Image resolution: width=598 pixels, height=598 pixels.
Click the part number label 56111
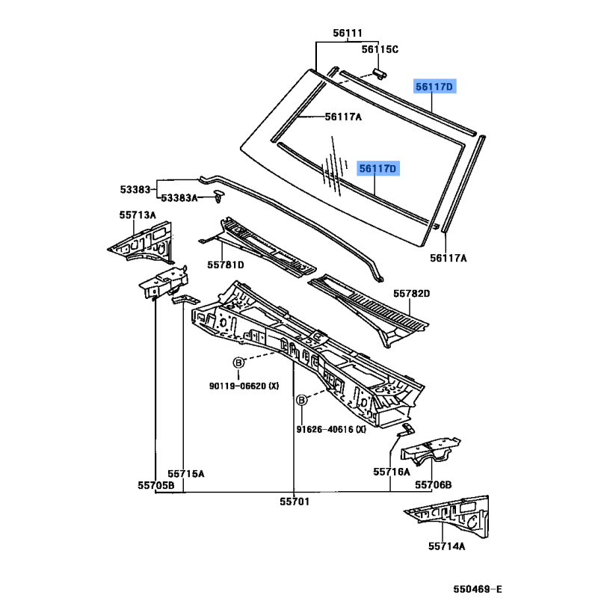(348, 33)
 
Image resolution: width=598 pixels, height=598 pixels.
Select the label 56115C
(380, 49)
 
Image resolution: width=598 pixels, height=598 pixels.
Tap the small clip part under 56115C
(379, 73)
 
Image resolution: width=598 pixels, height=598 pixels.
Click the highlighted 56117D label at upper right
(434, 87)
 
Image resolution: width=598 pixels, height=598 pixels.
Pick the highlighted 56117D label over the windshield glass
(377, 168)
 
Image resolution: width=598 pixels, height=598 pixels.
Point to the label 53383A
(179, 198)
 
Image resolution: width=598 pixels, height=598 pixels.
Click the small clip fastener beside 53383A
(218, 196)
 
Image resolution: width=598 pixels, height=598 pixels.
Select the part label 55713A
(138, 215)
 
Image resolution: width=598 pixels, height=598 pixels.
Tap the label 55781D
(226, 265)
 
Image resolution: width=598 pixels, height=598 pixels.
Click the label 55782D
(412, 293)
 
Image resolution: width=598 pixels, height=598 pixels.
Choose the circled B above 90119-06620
(238, 363)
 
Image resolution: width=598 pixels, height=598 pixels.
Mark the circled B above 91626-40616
(302, 400)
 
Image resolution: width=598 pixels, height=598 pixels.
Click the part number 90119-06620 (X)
(244, 386)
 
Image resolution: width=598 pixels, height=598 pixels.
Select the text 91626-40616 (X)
(331, 429)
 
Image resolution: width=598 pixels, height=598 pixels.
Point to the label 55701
(295, 502)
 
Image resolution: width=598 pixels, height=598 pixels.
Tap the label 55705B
(156, 485)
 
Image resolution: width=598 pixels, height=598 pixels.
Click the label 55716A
(392, 472)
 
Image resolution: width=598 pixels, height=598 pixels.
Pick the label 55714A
(446, 546)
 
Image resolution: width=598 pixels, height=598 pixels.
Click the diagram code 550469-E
(478, 589)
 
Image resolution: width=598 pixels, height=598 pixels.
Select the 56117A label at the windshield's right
(449, 258)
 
